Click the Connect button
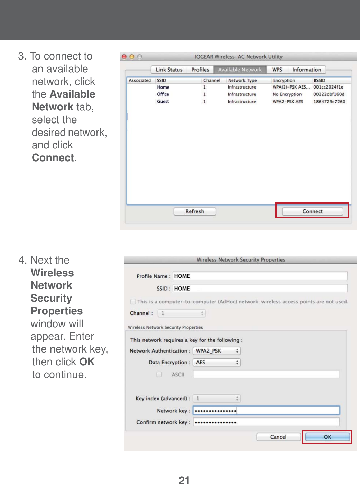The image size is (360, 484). [312, 211]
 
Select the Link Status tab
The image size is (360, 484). [169, 70]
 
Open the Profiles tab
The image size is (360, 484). [200, 70]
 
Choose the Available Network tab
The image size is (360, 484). [240, 70]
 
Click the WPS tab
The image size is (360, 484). [277, 70]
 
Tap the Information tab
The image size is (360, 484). [306, 70]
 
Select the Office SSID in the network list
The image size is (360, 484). [163, 94]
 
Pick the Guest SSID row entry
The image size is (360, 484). [163, 102]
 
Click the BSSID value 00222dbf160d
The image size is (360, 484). [329, 94]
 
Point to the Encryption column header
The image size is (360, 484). [284, 80]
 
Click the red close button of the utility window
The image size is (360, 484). [124, 57]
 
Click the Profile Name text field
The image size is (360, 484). [260, 276]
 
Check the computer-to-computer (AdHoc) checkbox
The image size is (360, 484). [133, 302]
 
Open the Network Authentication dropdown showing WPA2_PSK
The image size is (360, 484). [216, 351]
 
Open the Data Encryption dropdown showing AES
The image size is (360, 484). [216, 363]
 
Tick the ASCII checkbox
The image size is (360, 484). [159, 375]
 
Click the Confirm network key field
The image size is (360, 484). [266, 422]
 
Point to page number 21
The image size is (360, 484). [184, 480]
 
